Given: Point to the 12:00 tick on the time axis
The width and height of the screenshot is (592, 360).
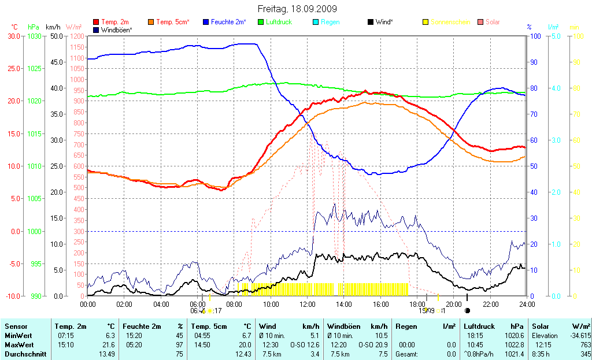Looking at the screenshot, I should tap(307, 304).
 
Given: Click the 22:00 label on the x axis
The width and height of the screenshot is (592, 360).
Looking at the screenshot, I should tap(491, 304).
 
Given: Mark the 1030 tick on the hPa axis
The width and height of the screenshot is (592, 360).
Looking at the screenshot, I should tap(34, 36).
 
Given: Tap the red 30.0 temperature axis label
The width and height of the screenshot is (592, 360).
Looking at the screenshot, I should tap(13, 36).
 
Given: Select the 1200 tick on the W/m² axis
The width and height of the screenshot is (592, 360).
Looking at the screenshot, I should tap(76, 36).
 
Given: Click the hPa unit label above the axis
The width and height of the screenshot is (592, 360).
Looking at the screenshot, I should tap(34, 27).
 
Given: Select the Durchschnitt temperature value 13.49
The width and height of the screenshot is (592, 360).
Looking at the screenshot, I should tap(106, 354).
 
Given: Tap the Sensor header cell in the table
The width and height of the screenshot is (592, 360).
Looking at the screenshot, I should tap(16, 326).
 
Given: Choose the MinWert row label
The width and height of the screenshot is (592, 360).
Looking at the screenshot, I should tap(17, 336).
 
